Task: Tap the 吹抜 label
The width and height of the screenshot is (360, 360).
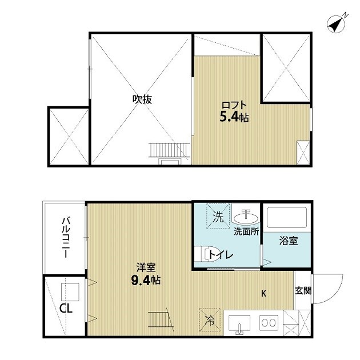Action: point(142,99)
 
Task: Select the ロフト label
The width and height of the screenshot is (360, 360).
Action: point(234,105)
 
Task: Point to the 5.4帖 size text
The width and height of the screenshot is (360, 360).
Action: point(234,118)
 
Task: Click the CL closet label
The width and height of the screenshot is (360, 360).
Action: point(66,309)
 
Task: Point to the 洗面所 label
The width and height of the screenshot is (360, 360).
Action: point(247,232)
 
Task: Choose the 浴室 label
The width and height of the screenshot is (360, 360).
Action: point(289,241)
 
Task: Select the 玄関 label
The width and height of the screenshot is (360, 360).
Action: point(303,290)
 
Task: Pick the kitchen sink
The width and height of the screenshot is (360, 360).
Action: point(239,323)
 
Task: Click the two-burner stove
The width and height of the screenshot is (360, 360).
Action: point(268,322)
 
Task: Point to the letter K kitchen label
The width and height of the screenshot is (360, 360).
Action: point(264,294)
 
